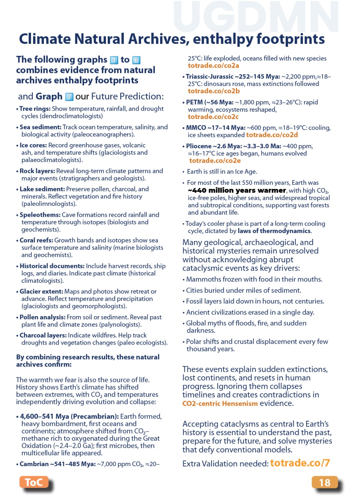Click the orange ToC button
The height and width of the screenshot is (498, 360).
[x=34, y=482]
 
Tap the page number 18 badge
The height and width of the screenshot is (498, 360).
[x=324, y=482]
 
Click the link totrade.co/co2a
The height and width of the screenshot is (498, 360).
[x=213, y=66]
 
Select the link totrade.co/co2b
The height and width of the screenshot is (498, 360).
[x=213, y=91]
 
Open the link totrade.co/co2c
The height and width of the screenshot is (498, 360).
[x=213, y=117]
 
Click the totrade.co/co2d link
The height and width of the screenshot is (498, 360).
[x=272, y=135]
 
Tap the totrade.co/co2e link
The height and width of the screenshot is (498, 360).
[x=215, y=160]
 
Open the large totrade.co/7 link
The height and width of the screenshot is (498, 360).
[x=300, y=463]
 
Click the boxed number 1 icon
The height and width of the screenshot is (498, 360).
[x=114, y=60]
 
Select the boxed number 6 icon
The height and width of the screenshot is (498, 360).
[x=136, y=60]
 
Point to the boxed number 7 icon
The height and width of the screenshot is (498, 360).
[x=69, y=96]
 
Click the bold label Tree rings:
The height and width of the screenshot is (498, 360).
[x=35, y=109]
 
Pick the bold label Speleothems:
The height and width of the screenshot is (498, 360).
[x=40, y=215]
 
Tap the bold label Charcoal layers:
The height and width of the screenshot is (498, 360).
[x=43, y=335]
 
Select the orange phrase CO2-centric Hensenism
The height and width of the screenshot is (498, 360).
[x=220, y=404]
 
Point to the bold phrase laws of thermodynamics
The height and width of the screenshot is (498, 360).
[x=274, y=231]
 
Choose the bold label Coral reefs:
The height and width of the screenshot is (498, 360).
[x=36, y=240]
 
